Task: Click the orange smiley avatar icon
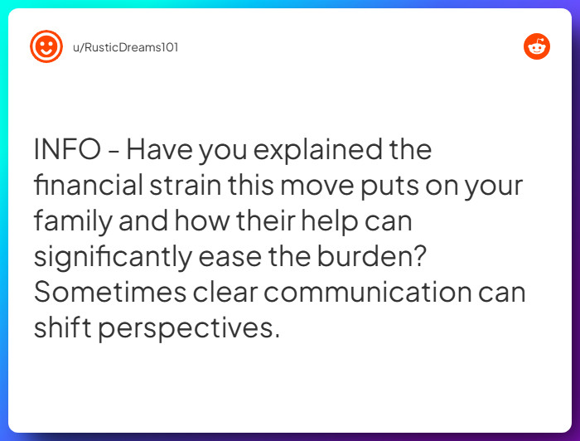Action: click(46, 46)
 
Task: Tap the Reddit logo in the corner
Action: click(537, 46)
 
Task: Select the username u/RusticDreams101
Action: click(125, 47)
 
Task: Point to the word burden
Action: click(374, 257)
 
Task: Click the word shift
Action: click(62, 328)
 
